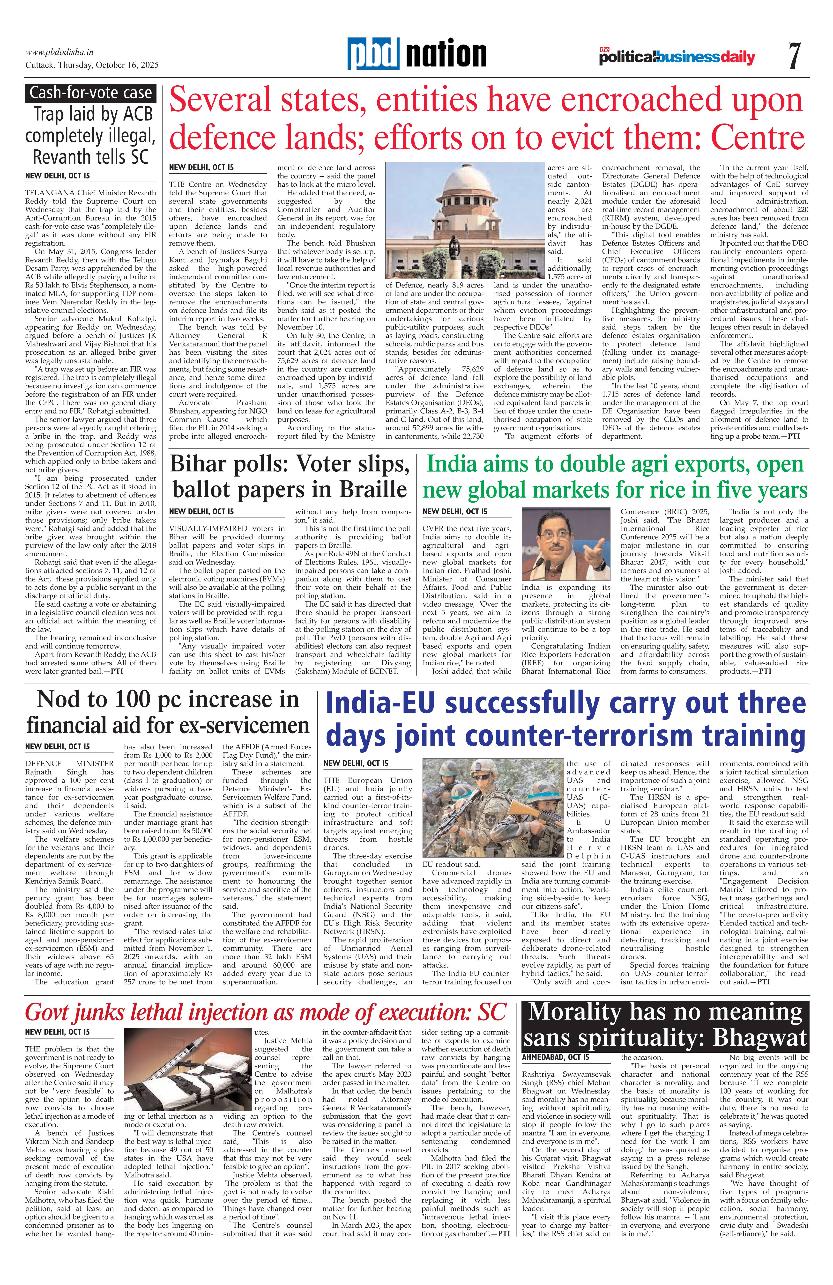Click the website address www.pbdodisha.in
pyautogui.click(x=60, y=52)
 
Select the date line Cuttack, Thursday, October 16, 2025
pyautogui.click(x=92, y=65)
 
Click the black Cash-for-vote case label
pyautogui.click(x=90, y=93)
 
